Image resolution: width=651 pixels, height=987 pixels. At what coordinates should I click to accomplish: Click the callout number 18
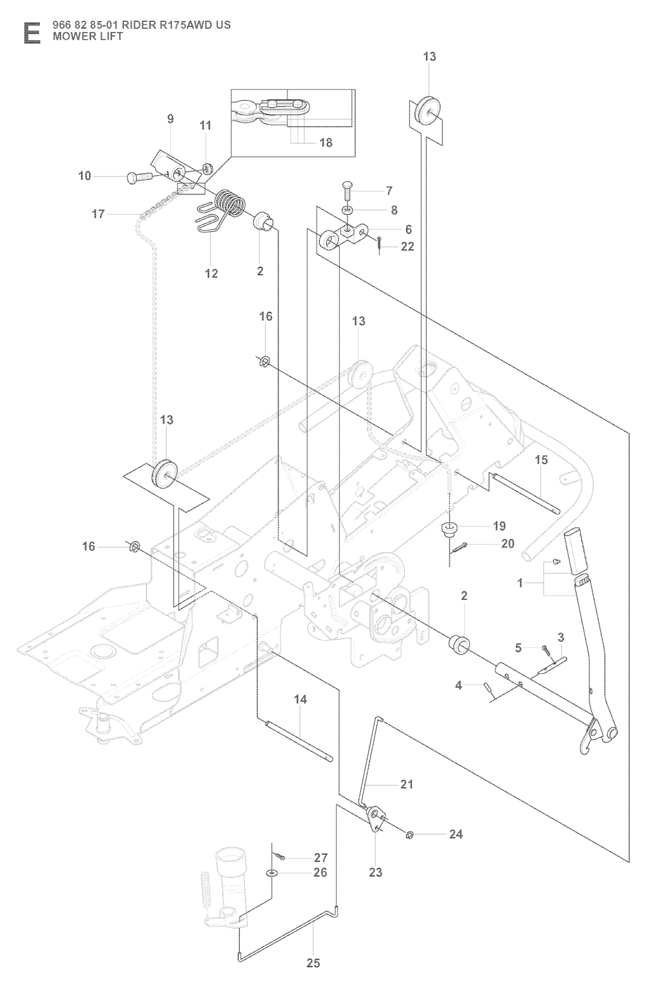pos(325,143)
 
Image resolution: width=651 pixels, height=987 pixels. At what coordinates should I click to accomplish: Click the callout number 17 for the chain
pos(98,214)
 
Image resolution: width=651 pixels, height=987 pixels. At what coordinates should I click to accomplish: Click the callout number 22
pos(408,247)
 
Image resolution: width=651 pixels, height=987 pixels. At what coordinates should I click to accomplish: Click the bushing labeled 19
pos(450,528)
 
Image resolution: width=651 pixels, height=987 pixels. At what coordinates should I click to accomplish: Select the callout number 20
pos(507,544)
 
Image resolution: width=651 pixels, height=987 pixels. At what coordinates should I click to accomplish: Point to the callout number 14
pos(301,699)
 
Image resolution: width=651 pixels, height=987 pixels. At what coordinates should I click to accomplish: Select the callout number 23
pos(376,872)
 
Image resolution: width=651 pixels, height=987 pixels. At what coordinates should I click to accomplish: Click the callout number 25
pos(313,963)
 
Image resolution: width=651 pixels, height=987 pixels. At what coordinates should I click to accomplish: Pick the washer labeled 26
pos(273,873)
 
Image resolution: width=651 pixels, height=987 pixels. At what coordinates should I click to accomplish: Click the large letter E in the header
pos(31,32)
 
